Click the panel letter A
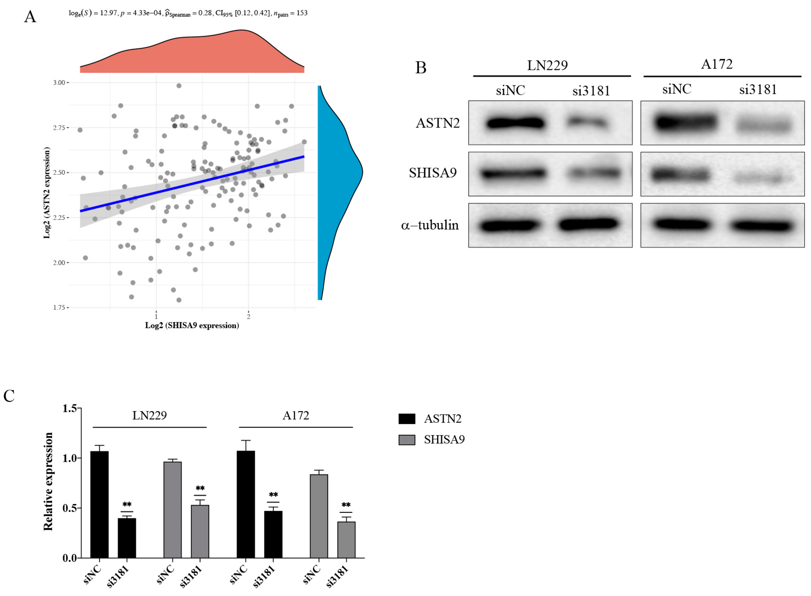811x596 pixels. pyautogui.click(x=30, y=17)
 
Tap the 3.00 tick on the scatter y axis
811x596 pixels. pyautogui.click(x=59, y=83)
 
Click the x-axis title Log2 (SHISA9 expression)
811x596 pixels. pyautogui.click(x=192, y=326)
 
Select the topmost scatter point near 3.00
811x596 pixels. pyautogui.click(x=179, y=86)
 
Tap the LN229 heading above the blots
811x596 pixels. pyautogui.click(x=547, y=66)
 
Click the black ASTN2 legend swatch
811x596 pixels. pyautogui.click(x=406, y=419)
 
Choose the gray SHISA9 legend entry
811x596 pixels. pyautogui.click(x=444, y=440)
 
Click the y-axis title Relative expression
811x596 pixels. pyautogui.click(x=48, y=482)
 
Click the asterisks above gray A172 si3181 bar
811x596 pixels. pyautogui.click(x=346, y=505)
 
